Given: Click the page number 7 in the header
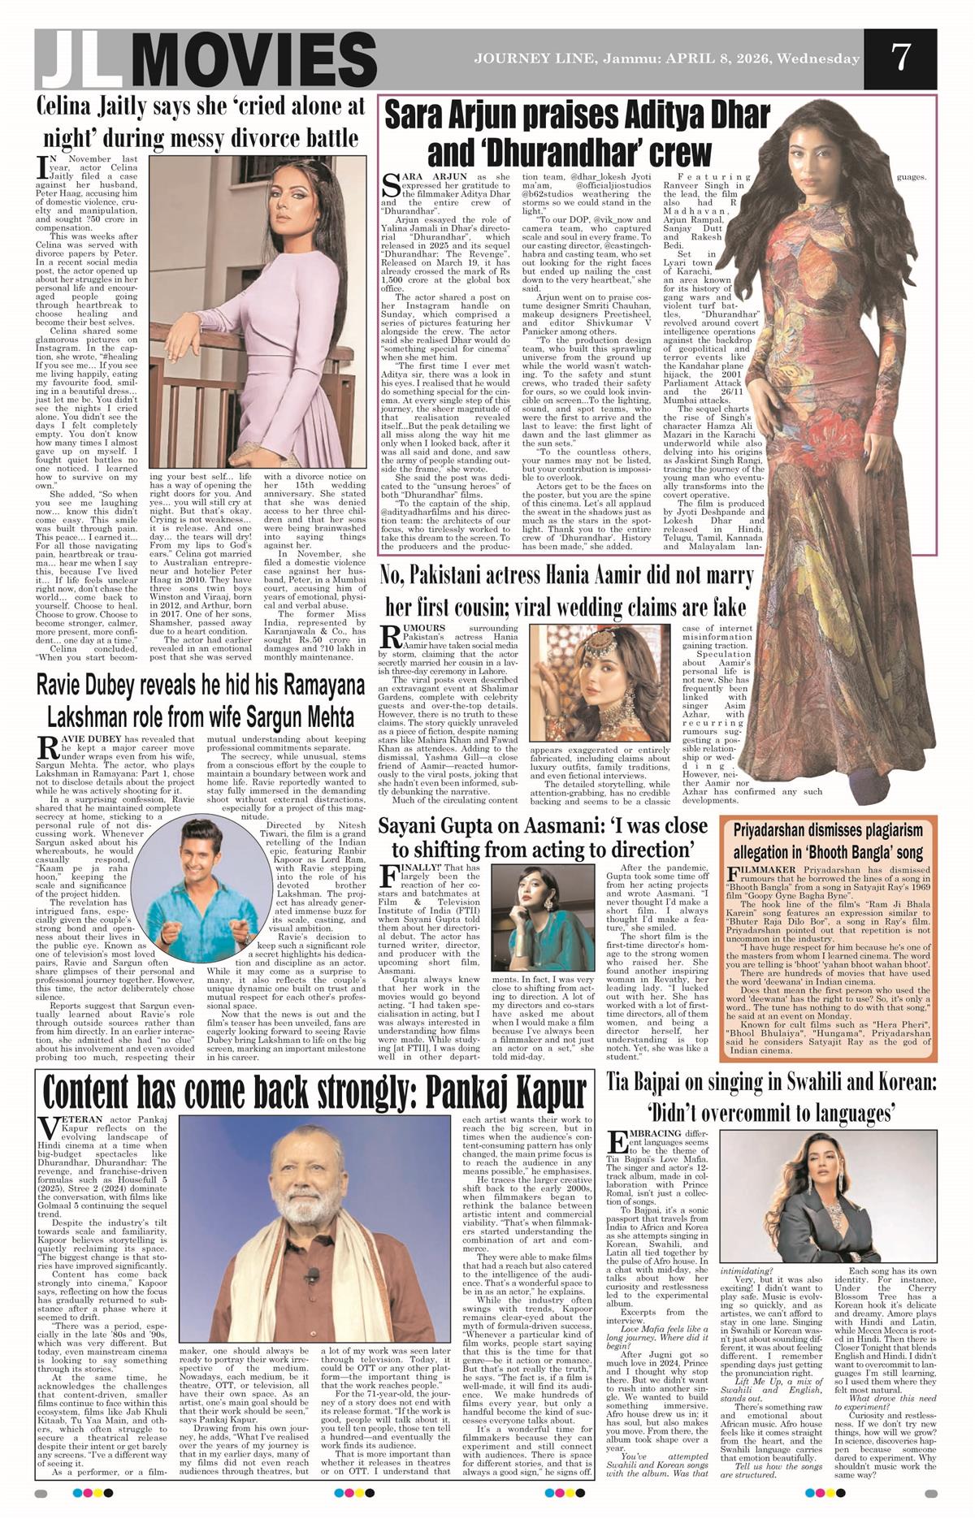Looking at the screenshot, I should [899, 58].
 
